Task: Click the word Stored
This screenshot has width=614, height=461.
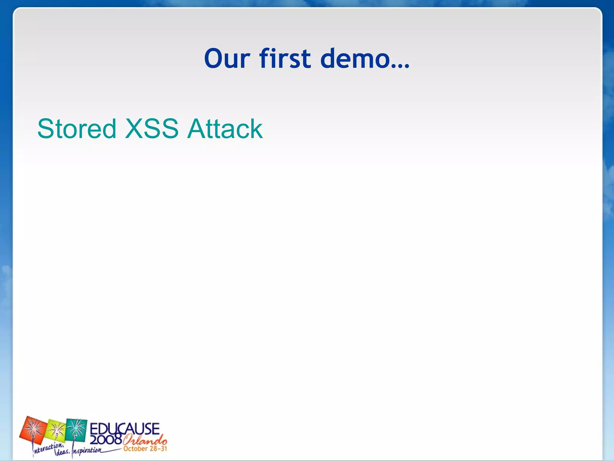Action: (77, 129)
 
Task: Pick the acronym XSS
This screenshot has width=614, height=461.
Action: (152, 129)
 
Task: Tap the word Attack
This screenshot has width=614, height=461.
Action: (225, 129)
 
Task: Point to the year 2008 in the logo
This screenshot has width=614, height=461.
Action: (106, 440)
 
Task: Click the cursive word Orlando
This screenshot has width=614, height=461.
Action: (145, 440)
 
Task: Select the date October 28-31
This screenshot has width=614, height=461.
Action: (145, 449)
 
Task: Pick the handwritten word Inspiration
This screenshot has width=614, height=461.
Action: (87, 451)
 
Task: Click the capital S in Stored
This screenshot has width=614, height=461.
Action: (45, 129)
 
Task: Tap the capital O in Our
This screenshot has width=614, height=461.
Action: (214, 59)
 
